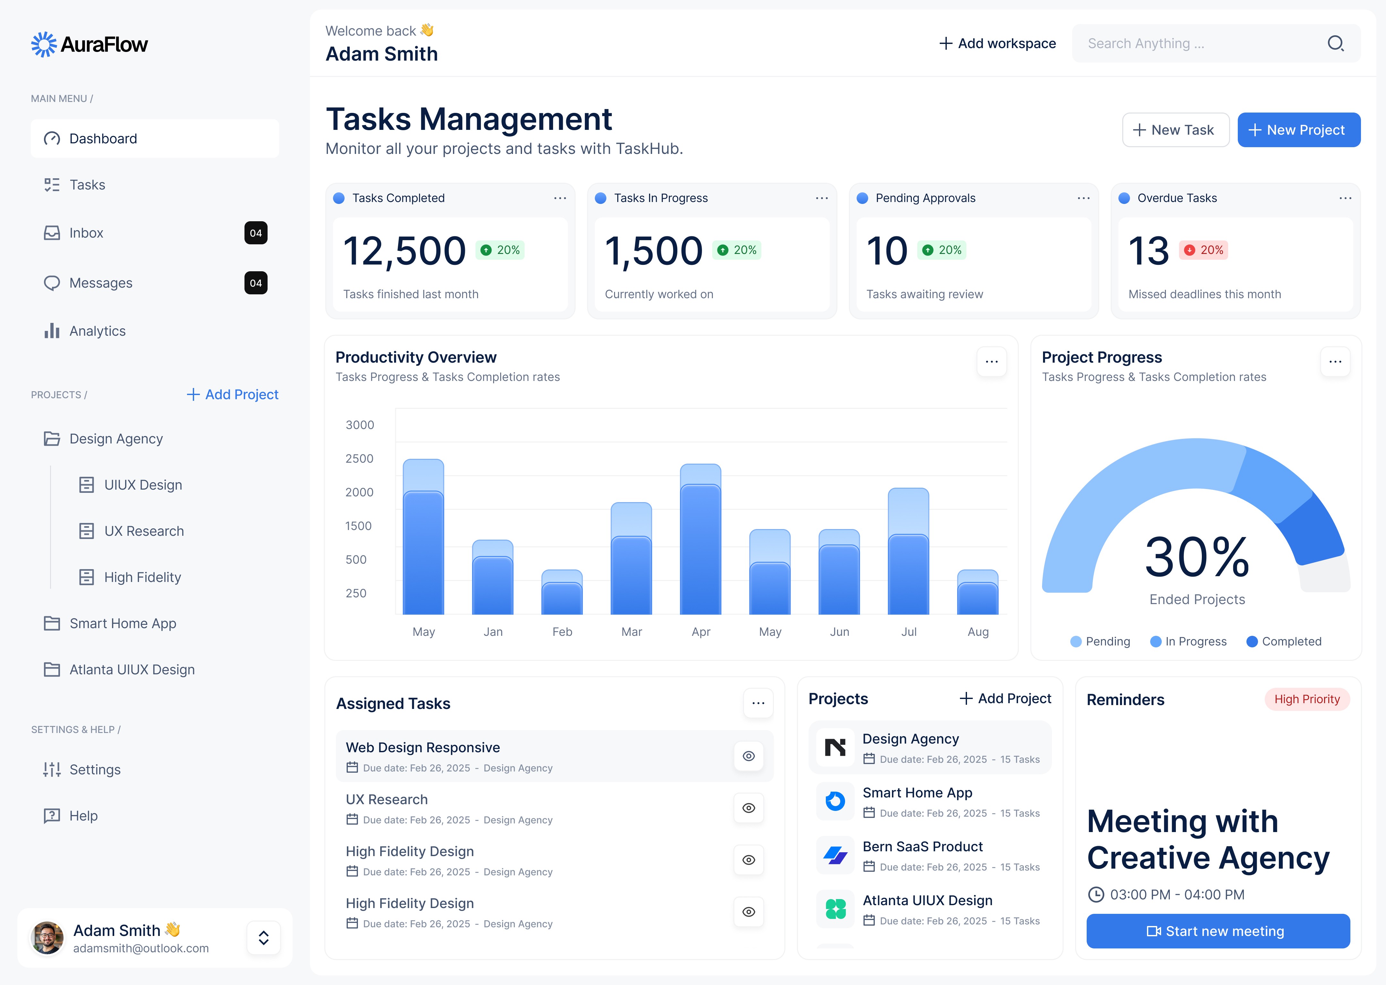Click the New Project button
pyautogui.click(x=1299, y=130)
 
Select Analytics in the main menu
pyautogui.click(x=97, y=331)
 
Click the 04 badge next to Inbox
pyautogui.click(x=255, y=233)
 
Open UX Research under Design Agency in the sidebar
pyautogui.click(x=144, y=531)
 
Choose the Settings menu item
pyautogui.click(x=95, y=770)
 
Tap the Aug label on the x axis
pyautogui.click(x=978, y=632)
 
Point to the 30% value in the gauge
pyautogui.click(x=1197, y=557)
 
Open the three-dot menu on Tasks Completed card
pyautogui.click(x=560, y=198)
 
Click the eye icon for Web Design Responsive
pyautogui.click(x=748, y=756)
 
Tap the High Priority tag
pyautogui.click(x=1306, y=699)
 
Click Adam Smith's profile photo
pyautogui.click(x=47, y=938)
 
